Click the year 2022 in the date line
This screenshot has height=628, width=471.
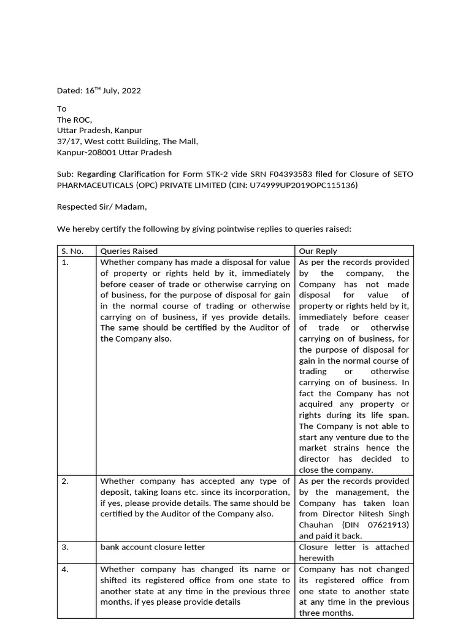coord(131,91)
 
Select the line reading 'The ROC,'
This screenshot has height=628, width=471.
coord(74,120)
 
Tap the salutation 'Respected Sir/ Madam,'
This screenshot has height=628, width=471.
coord(102,207)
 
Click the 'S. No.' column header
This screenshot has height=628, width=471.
coord(72,251)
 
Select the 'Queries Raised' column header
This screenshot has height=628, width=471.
coord(129,251)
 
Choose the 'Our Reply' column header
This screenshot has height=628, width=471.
coord(318,251)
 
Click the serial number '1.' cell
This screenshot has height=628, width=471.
coord(66,262)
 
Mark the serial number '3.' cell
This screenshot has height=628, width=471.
coord(66,547)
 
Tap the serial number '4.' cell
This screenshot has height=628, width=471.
coord(66,569)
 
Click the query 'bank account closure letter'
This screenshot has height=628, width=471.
coord(152,547)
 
